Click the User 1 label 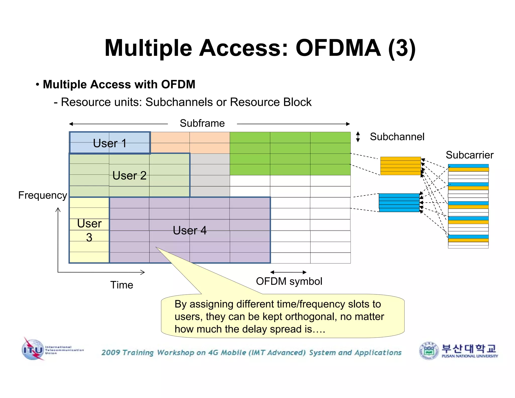(x=110, y=143)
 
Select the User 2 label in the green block (x=129, y=176)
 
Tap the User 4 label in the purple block (x=190, y=230)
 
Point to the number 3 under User (x=89, y=237)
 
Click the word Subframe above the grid (x=202, y=123)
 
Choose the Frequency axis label (x=42, y=195)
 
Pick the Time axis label (x=122, y=285)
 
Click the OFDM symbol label (x=289, y=281)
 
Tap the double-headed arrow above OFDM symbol (x=288, y=272)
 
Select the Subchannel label (x=397, y=137)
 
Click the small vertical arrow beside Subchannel (x=358, y=137)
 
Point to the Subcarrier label (x=469, y=155)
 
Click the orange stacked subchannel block (x=400, y=166)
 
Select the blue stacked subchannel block (x=399, y=203)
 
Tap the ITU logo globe (x=33, y=350)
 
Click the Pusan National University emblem (x=429, y=350)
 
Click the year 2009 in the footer (x=111, y=352)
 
